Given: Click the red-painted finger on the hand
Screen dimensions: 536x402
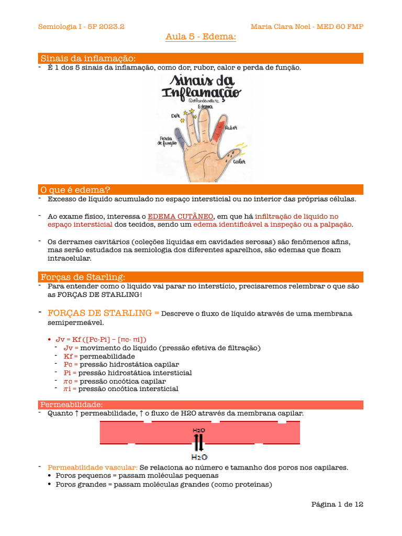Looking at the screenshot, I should click(217, 131).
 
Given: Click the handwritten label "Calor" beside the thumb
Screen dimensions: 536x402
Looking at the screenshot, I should click(239, 162).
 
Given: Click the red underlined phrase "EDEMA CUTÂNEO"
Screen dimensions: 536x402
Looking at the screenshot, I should click(181, 216).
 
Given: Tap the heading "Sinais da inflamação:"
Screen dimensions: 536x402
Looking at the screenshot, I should click(88, 58).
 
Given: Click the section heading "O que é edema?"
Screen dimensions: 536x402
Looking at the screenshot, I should click(75, 189).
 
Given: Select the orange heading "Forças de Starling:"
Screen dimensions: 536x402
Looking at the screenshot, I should click(83, 276).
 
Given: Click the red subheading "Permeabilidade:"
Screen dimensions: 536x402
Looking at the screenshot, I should click(72, 405).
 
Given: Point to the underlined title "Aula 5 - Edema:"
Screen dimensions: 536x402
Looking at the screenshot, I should click(201, 37).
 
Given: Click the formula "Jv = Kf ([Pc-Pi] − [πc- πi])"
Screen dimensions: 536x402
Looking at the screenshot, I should click(101, 339).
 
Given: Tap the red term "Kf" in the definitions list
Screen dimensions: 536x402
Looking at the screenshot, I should click(68, 356).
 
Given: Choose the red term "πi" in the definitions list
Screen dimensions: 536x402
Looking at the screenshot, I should click(68, 389).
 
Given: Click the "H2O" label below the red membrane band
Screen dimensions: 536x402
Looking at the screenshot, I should click(199, 456).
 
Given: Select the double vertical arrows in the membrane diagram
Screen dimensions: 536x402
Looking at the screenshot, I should click(199, 442).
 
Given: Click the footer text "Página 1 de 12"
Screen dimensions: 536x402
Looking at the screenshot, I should click(337, 504).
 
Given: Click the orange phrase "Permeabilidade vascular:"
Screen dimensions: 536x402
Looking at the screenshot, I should click(93, 467).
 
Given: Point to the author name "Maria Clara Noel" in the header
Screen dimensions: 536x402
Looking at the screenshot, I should click(280, 27).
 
